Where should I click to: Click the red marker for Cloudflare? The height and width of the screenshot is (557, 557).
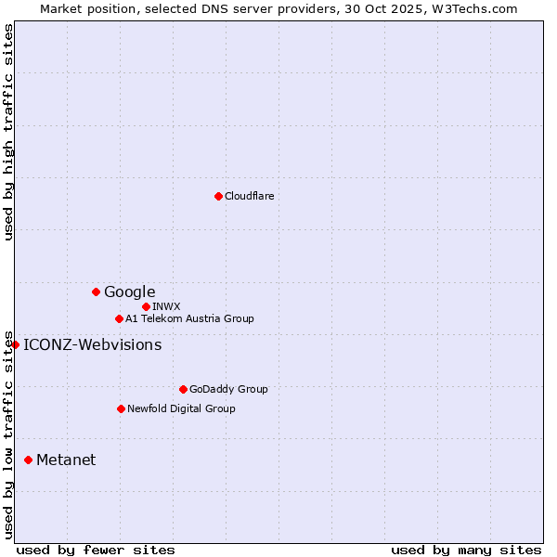click(218, 196)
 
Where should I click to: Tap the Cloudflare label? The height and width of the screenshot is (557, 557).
click(249, 196)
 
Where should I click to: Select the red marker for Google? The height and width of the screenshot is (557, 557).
click(96, 291)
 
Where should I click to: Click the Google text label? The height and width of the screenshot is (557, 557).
click(129, 292)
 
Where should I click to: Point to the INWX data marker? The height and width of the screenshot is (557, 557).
click(146, 306)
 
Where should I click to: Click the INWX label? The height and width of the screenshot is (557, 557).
click(166, 306)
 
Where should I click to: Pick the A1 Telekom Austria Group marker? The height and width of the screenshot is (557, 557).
click(119, 318)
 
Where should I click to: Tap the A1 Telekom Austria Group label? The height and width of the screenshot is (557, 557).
click(189, 318)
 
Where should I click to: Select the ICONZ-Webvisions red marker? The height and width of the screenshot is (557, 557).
click(15, 344)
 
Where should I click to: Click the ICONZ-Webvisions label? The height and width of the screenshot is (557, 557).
click(92, 345)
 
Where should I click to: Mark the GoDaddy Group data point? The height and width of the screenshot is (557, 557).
click(183, 389)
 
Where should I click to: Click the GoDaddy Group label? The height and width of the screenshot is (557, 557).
click(228, 389)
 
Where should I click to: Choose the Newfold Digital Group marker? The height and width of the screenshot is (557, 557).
click(121, 408)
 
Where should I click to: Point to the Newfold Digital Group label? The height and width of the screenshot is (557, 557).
click(181, 408)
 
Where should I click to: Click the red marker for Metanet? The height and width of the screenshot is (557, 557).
click(28, 460)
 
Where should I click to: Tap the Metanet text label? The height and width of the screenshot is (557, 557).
click(66, 460)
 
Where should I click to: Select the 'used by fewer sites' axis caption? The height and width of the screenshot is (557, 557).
click(96, 550)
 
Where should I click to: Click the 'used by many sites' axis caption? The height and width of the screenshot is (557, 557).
click(466, 550)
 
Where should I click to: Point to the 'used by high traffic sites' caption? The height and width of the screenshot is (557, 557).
click(8, 132)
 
